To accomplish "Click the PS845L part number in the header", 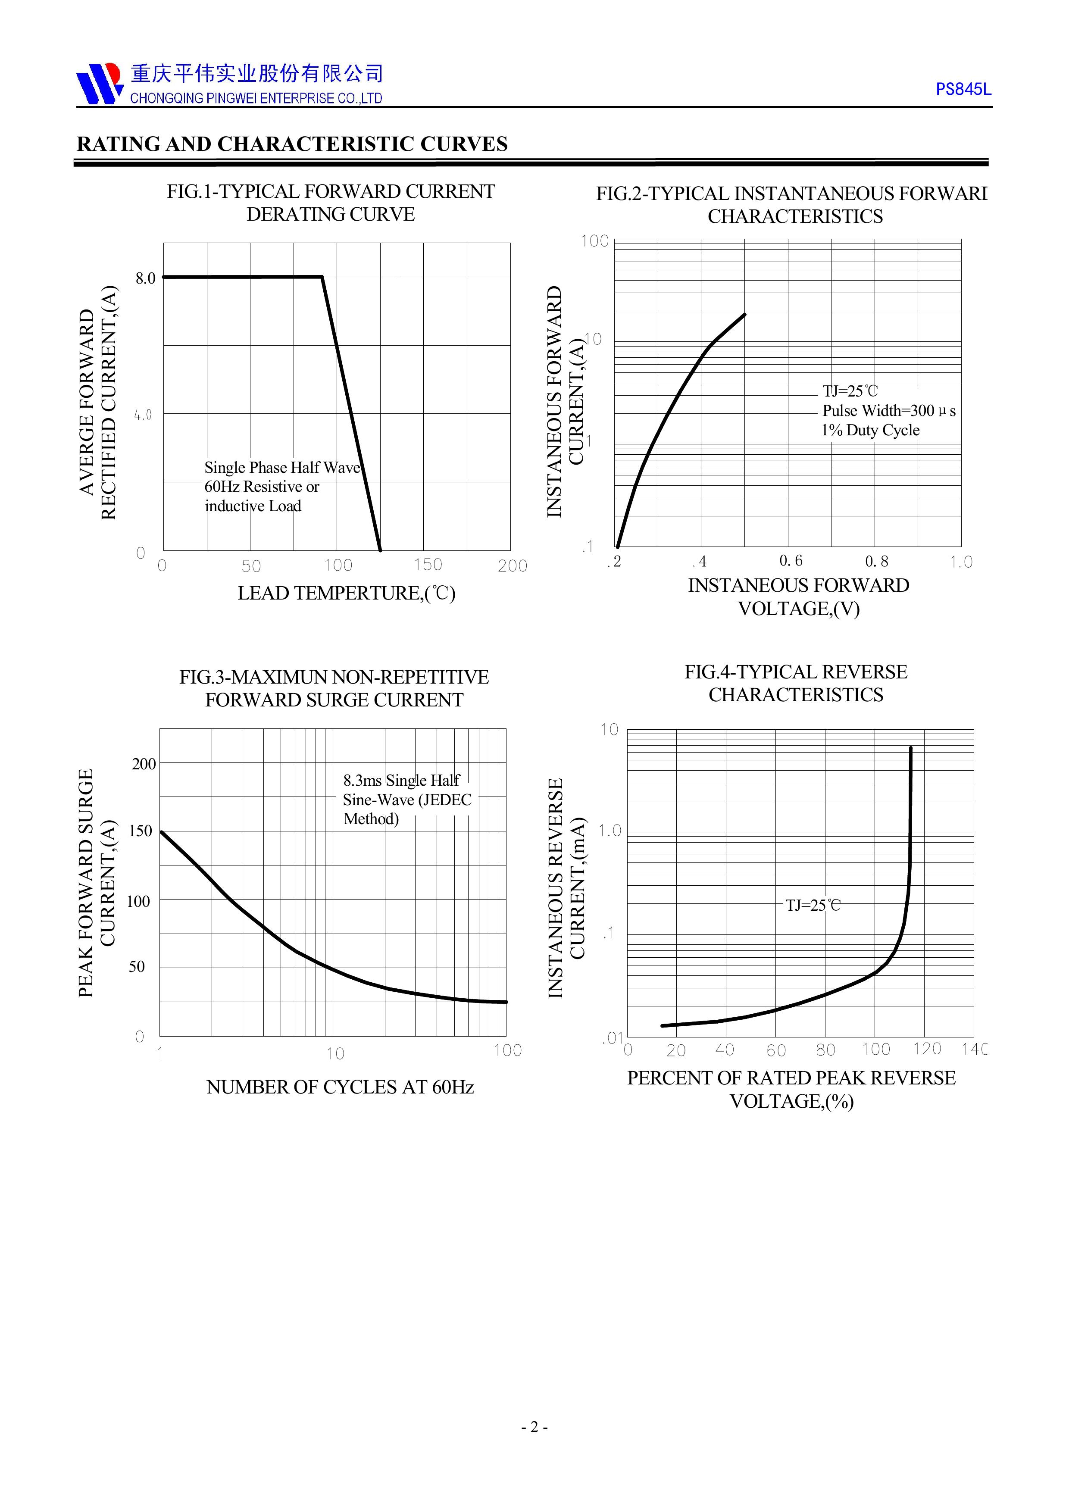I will pos(963,90).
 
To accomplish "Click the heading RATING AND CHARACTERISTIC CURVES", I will pos(292,144).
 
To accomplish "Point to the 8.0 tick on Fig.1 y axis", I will pos(146,278).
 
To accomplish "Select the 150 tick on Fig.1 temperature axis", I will pos(428,565).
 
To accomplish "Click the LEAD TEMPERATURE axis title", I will pos(347,594).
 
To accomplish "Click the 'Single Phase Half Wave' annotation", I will pos(282,468).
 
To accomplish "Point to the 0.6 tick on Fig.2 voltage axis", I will pos(791,561).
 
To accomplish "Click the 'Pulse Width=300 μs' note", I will pos(888,411).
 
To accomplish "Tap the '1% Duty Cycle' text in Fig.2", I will pos(870,430).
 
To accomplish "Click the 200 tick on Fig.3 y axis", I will pos(144,764).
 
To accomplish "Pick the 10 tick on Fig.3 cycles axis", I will pos(335,1054).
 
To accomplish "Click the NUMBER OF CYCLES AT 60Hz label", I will pos(340,1087).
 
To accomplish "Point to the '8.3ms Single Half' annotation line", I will pos(401,781).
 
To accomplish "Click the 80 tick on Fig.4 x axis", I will pos(825,1050).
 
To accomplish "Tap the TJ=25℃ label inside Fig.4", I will pos(813,906).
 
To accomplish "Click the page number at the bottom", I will pos(534,1427).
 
